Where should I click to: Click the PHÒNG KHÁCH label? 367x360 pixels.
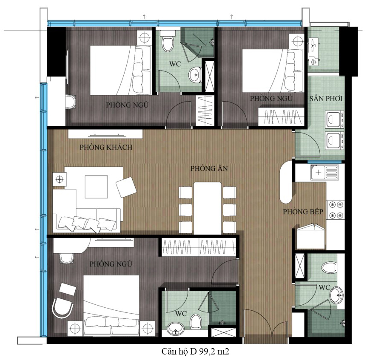106,147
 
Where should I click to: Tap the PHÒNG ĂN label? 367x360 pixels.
209,168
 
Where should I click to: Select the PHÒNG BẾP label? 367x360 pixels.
303,212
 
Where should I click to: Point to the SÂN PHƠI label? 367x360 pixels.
326,99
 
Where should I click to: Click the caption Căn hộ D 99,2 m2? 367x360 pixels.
196,351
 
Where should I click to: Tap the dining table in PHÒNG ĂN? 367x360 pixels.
208,208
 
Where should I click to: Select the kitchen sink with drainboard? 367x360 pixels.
324,173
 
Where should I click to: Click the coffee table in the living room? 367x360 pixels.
96,187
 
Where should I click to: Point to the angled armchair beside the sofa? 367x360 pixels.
126,187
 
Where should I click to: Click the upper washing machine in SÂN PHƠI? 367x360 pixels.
335,119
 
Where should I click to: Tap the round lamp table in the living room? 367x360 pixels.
60,179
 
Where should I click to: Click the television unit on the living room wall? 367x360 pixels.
105,135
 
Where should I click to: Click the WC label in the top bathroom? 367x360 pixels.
175,64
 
